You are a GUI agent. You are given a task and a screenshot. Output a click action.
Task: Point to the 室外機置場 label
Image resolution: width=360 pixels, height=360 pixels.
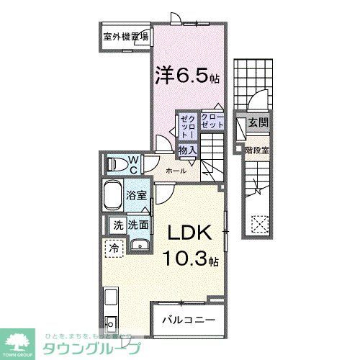click(125, 37)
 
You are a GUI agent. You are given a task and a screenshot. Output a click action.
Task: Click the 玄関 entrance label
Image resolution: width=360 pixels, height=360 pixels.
click(258, 123)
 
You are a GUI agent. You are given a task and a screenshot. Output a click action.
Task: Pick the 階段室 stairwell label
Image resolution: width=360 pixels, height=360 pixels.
click(257, 150)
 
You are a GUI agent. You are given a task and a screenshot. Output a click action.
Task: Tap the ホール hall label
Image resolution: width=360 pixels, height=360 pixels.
click(176, 171)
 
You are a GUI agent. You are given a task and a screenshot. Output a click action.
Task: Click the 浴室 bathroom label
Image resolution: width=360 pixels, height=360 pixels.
click(136, 194)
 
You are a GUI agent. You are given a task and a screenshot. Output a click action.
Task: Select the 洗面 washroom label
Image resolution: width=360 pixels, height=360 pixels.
click(139, 225)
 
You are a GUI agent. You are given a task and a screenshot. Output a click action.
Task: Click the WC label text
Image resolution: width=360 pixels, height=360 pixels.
click(133, 164)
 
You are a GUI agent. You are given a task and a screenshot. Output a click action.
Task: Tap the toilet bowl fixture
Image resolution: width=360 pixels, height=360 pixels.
click(115, 164)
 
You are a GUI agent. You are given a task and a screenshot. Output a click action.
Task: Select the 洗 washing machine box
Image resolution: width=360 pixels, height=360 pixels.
click(118, 225)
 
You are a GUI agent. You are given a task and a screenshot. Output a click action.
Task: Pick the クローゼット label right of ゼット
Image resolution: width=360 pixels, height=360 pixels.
click(212, 121)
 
